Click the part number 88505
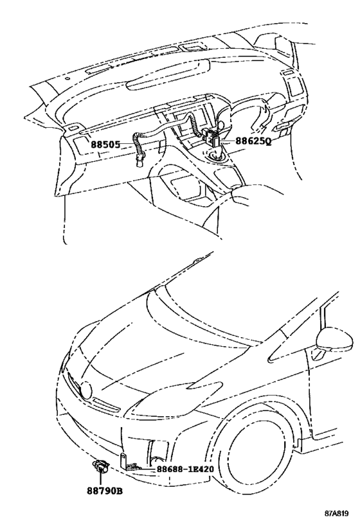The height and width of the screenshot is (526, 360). (105, 145)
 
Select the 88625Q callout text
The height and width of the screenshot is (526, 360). (253, 141)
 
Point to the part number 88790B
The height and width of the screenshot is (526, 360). (105, 491)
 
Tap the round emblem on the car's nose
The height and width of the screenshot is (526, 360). (87, 390)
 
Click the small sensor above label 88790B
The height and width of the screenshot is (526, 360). (100, 466)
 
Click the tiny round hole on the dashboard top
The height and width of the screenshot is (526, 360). (68, 79)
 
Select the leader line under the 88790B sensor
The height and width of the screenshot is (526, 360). (100, 479)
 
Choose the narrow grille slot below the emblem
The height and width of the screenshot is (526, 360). (106, 403)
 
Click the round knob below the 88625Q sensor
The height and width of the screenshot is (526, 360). (215, 156)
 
